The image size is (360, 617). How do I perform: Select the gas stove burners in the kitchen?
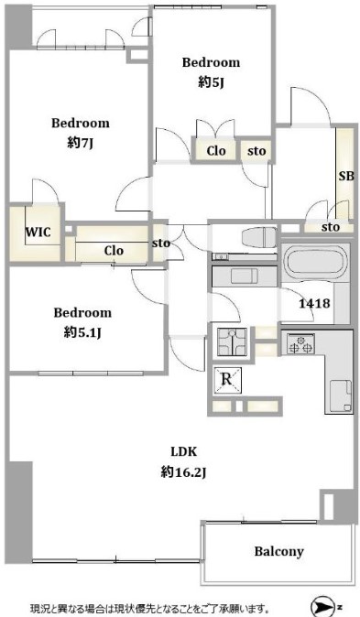point(300,343)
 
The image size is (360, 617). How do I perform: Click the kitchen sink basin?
point(341,395)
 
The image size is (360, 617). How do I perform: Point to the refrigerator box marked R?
point(227,381)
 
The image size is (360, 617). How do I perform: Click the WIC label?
point(38,233)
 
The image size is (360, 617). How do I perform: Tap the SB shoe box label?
point(346,176)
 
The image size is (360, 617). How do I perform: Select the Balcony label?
point(278,551)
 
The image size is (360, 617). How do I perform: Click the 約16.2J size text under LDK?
point(183,471)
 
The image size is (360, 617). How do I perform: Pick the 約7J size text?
point(81,143)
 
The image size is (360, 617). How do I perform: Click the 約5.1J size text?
point(82,333)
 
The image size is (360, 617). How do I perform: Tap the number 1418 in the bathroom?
point(314,303)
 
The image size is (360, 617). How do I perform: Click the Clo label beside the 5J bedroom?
point(216,151)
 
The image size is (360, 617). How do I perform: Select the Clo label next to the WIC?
point(114,251)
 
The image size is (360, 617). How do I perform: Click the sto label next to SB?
point(331,227)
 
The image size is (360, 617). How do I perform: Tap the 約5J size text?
point(211,82)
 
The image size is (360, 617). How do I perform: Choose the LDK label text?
point(184,451)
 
